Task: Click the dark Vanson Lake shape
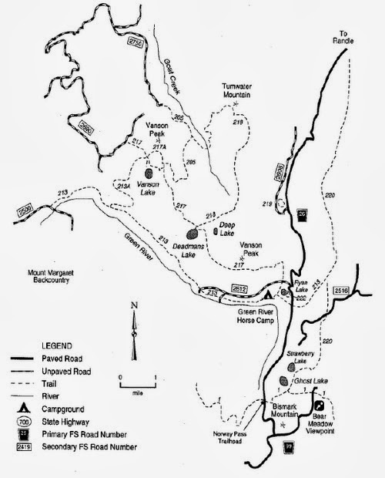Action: (x=149, y=174)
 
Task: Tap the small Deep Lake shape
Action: (x=215, y=230)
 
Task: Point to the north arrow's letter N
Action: (x=134, y=305)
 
